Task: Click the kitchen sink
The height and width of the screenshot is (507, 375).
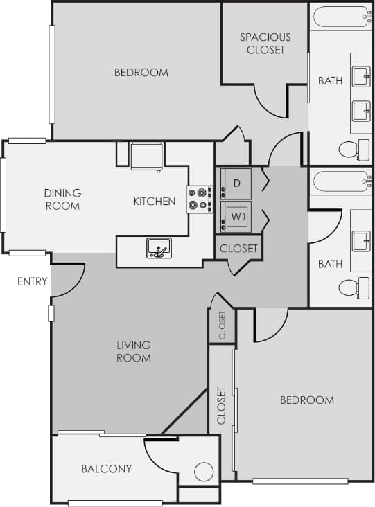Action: (x=159, y=248)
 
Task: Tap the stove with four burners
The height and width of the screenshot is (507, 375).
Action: (x=200, y=199)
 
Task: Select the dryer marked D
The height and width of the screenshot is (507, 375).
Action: (x=236, y=183)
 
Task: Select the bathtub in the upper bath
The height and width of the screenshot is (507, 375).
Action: (x=341, y=16)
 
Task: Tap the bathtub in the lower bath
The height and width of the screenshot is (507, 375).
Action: (x=341, y=181)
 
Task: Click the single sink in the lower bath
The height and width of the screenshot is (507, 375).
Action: (x=361, y=241)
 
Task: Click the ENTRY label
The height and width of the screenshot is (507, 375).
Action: (x=33, y=281)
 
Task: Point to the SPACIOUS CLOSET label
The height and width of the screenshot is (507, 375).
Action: (x=265, y=43)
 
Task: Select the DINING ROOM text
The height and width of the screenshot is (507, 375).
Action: (x=62, y=199)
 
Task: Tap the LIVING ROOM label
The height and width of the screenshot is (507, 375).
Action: (x=134, y=351)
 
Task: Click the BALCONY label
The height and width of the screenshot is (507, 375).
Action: (x=106, y=469)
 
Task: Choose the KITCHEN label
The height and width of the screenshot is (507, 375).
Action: (x=154, y=202)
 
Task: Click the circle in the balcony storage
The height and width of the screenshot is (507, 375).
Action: (x=204, y=472)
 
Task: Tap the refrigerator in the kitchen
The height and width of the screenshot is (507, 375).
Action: (x=147, y=156)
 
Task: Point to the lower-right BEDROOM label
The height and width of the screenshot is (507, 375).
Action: (x=306, y=400)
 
